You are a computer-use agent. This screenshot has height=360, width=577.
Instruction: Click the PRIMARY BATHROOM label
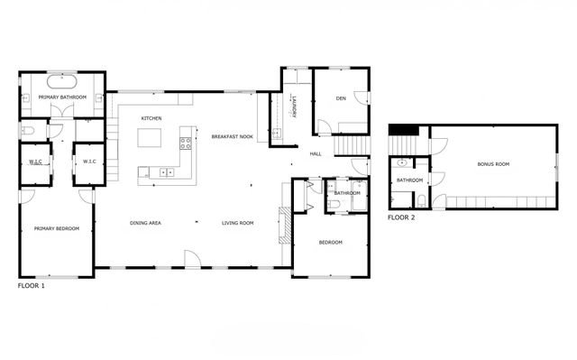[62, 97]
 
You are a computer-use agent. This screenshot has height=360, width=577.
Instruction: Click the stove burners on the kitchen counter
[187, 142]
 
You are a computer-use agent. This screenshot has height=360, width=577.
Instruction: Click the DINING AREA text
[145, 223]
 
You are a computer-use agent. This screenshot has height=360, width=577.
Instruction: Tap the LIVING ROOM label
[238, 223]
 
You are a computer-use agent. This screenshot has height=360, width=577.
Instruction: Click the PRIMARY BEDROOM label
[57, 229]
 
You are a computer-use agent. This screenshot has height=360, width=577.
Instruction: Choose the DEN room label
[342, 98]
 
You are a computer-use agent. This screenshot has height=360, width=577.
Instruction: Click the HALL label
[316, 154]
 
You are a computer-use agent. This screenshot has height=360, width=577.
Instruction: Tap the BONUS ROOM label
[493, 164]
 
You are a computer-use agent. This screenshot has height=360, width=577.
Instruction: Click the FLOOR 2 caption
[402, 217]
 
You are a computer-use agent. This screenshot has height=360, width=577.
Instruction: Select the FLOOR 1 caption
[31, 285]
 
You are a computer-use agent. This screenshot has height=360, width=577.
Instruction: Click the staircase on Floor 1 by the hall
[352, 145]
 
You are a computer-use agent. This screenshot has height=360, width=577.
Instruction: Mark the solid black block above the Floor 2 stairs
[405, 130]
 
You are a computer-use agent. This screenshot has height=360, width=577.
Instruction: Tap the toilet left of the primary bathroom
[26, 132]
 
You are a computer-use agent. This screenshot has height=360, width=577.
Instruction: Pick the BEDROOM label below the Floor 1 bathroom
[331, 242]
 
